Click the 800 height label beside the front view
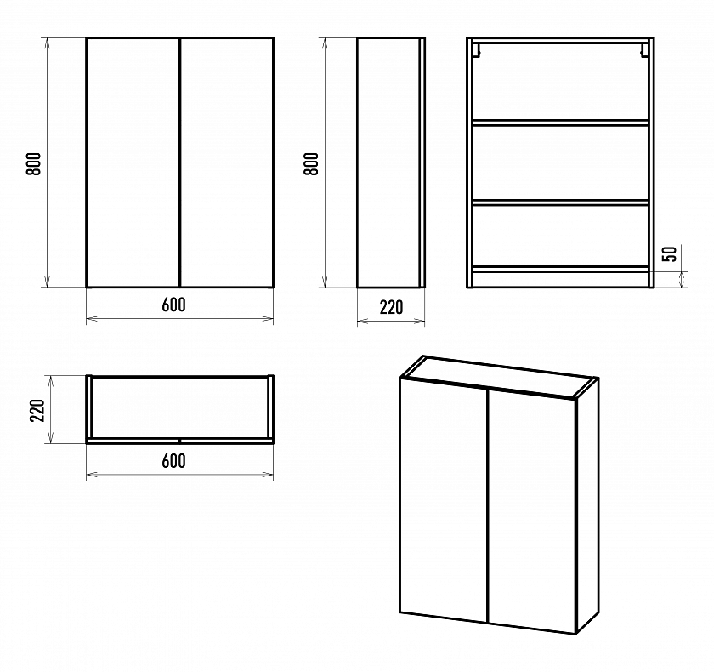[34, 163]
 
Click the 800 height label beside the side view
[311, 163]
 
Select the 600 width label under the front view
[174, 305]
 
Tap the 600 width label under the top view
[174, 461]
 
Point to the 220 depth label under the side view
[391, 308]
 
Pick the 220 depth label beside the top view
[37, 411]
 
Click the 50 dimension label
[670, 253]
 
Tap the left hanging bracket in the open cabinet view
[476, 50]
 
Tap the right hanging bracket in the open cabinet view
[644, 50]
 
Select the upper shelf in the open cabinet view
[560, 122]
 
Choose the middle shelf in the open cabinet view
[560, 202]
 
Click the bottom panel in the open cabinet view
[560, 270]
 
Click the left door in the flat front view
[133, 162]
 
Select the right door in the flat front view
[227, 162]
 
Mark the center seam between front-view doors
[180, 162]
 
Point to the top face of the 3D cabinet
[499, 376]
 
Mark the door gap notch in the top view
[180, 441]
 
